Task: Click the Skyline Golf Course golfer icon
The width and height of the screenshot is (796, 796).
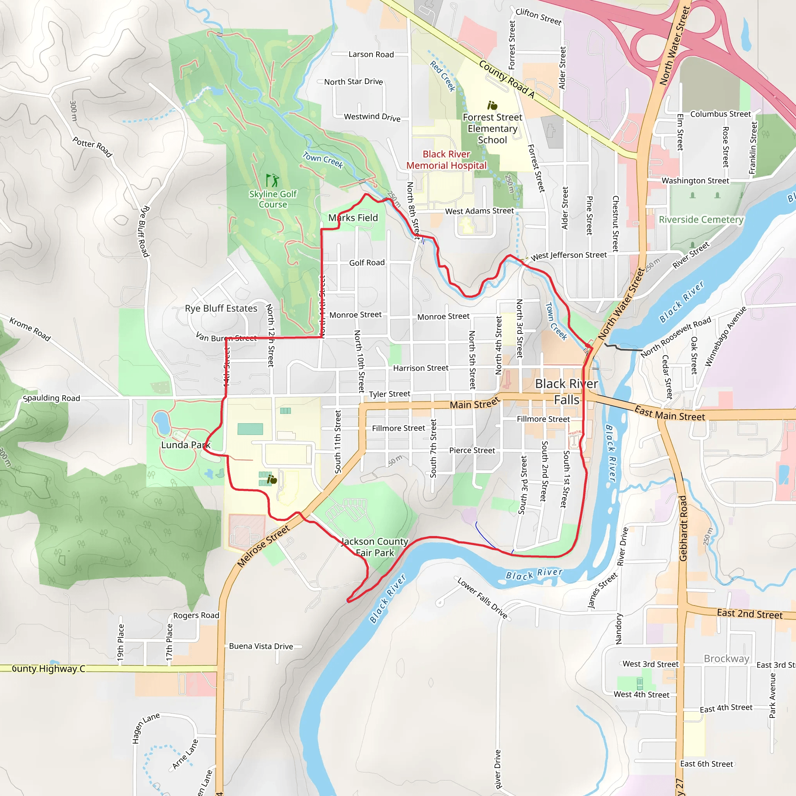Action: pos(272,180)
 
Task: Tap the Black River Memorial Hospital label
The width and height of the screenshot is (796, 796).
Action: pos(446,160)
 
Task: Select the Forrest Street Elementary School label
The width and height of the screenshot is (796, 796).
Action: pos(492,129)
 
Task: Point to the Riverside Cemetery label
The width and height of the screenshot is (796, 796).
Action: pos(701,220)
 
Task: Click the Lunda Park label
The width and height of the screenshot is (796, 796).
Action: pos(185,445)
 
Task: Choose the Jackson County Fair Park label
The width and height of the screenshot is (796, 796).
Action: pos(375,547)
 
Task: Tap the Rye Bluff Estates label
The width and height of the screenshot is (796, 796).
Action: pos(221,308)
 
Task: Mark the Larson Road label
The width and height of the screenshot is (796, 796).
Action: pos(371,54)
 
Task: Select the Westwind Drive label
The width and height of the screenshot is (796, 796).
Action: pos(372,117)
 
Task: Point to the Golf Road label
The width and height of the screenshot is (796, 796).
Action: pos(367,263)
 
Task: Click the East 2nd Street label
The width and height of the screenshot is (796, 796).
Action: pos(749,614)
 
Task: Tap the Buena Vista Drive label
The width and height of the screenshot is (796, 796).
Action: pos(261,646)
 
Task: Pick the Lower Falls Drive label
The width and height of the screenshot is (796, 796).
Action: pos(482,598)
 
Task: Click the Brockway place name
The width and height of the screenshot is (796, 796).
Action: pos(726,659)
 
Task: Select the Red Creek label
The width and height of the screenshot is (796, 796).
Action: pos(442,76)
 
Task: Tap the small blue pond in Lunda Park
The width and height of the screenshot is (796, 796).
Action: pos(162,422)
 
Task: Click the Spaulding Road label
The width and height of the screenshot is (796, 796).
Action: pos(52,398)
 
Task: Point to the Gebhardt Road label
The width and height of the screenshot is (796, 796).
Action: pos(683,529)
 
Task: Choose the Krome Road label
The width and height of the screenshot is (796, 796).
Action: pos(30,329)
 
